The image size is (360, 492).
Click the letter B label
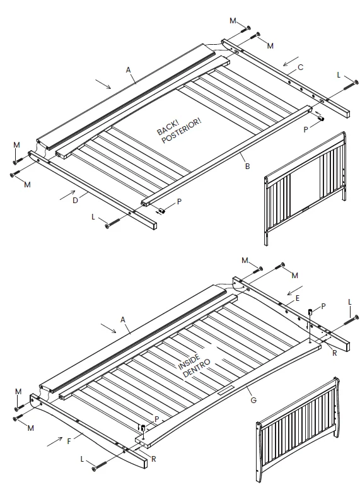click(247, 166)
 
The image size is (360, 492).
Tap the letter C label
click(301, 66)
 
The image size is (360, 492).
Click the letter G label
click(252, 399)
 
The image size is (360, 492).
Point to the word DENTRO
click(197, 368)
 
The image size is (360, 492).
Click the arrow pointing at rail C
click(291, 62)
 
